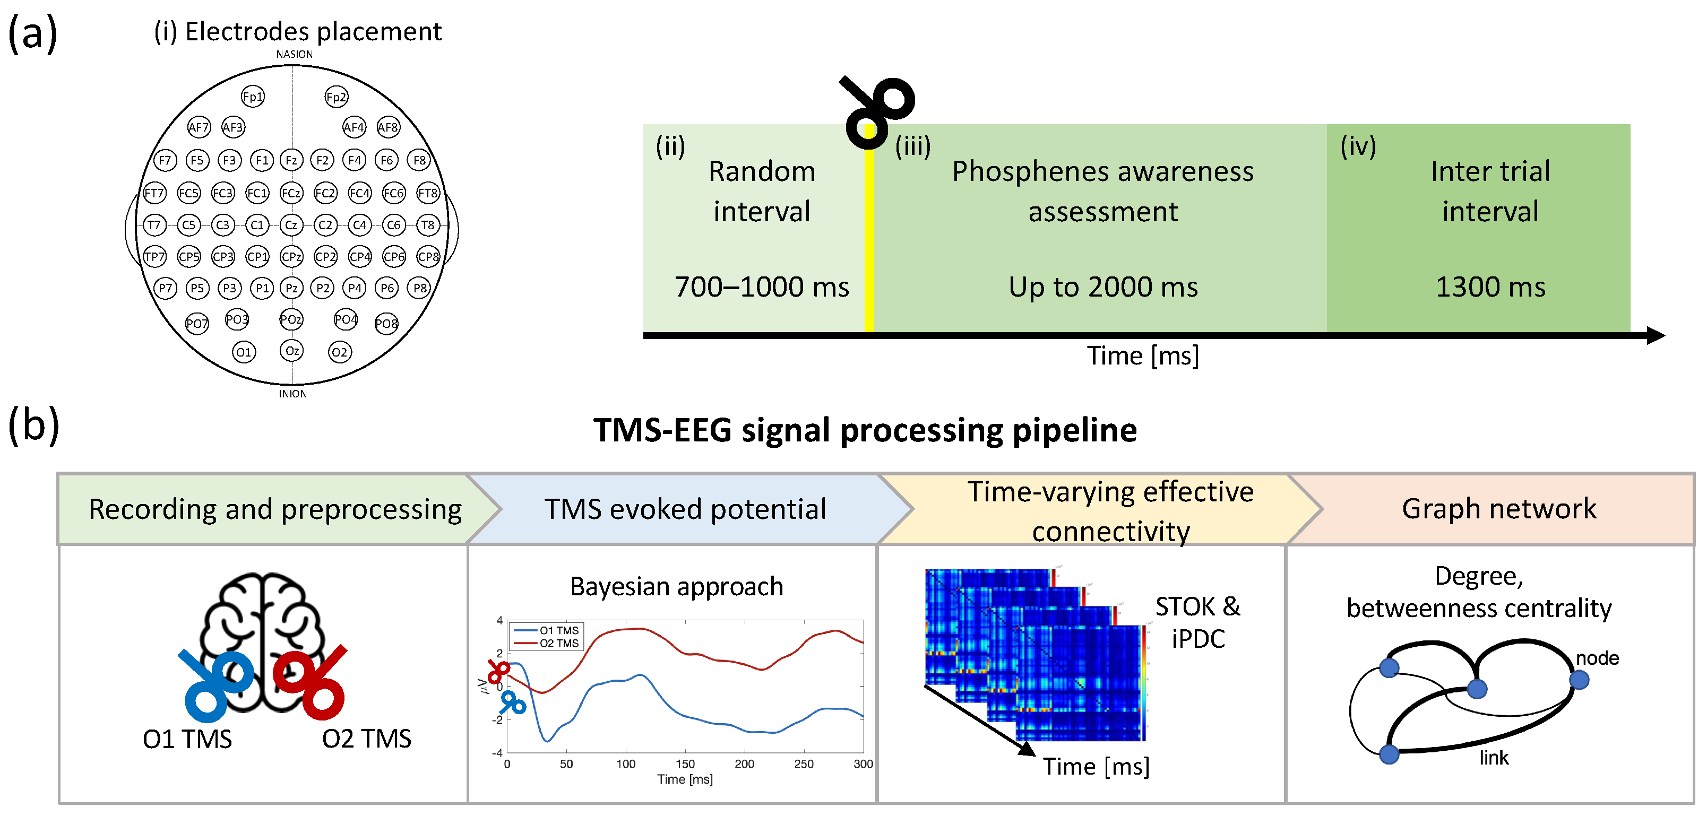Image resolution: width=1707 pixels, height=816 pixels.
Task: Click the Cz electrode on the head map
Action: point(291,225)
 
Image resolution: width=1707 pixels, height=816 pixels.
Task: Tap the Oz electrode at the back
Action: point(291,350)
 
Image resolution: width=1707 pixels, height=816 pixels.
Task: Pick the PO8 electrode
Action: point(386,323)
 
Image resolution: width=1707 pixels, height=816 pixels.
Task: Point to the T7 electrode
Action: point(154,225)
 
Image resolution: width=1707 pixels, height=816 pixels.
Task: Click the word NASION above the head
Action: point(294,54)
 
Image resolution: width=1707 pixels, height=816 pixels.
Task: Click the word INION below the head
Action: point(292,394)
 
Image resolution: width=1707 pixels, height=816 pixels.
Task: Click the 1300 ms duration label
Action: point(1490,287)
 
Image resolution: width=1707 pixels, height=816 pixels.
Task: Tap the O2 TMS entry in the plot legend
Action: point(558,643)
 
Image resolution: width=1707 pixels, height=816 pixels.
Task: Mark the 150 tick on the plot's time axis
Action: point(685,763)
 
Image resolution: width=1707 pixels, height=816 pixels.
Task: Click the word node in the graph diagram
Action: point(1597,658)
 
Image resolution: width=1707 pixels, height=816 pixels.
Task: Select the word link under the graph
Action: point(1494,758)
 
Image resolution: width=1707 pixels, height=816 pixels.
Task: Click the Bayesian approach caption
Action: point(677,586)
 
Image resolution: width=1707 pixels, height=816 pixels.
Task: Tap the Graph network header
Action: point(1499,509)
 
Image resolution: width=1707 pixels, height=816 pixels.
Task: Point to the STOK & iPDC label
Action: point(1197,622)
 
